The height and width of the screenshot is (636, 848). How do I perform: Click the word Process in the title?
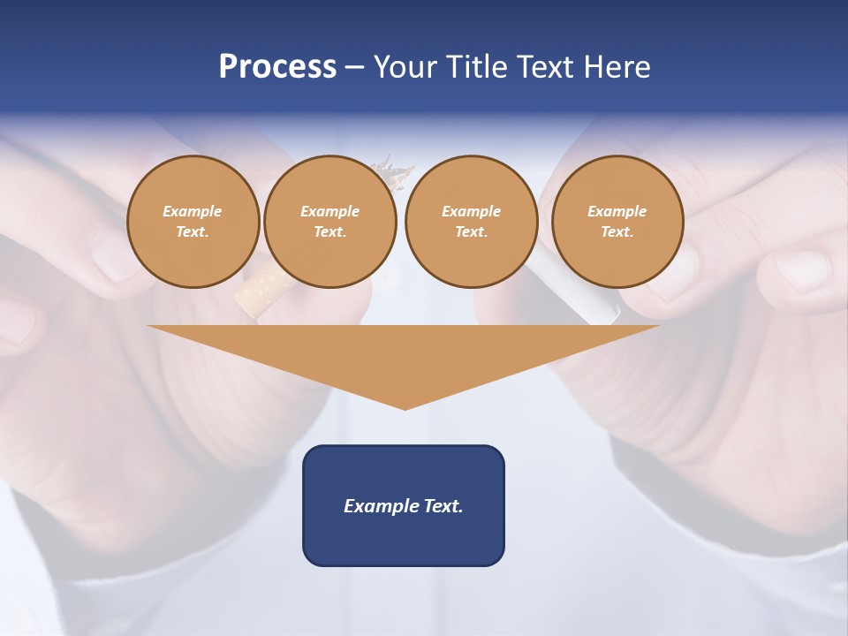click(x=277, y=67)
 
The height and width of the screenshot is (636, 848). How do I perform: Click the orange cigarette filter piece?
click(x=257, y=291)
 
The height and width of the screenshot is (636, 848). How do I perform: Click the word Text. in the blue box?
click(x=443, y=506)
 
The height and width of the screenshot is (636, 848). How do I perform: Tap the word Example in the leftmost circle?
click(x=193, y=211)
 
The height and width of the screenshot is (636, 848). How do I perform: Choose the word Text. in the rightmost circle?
click(x=617, y=231)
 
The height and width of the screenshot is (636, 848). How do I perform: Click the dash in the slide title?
click(x=354, y=67)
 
